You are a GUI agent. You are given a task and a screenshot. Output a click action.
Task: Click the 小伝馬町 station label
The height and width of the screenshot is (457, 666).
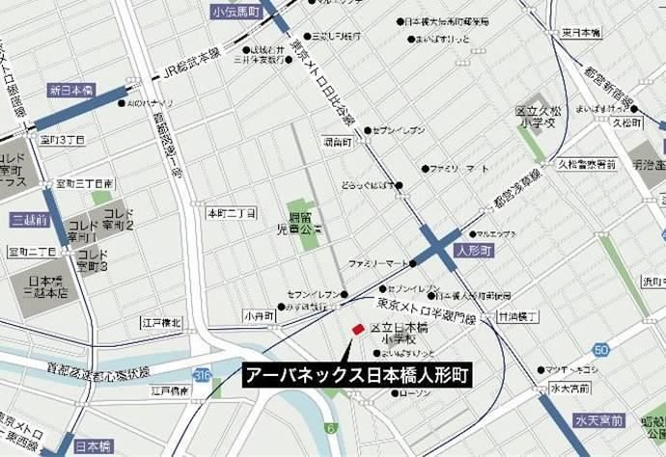(236, 13)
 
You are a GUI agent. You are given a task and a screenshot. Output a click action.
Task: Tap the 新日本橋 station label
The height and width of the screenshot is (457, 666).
(70, 89)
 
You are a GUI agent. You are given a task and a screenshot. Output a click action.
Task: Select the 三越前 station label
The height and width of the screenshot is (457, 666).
(29, 220)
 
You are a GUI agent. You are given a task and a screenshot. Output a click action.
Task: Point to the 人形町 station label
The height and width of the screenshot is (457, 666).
(473, 249)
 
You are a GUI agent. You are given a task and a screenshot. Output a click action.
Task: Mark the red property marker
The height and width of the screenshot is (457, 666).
(357, 330)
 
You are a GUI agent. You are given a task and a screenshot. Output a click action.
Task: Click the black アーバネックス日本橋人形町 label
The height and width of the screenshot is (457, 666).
(355, 376)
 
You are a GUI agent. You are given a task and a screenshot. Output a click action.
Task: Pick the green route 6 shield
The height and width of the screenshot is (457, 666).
(329, 427)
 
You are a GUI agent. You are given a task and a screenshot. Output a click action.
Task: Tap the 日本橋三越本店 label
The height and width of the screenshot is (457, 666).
(45, 287)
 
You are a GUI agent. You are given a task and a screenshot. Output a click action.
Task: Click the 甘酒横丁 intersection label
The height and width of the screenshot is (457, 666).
(517, 315)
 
